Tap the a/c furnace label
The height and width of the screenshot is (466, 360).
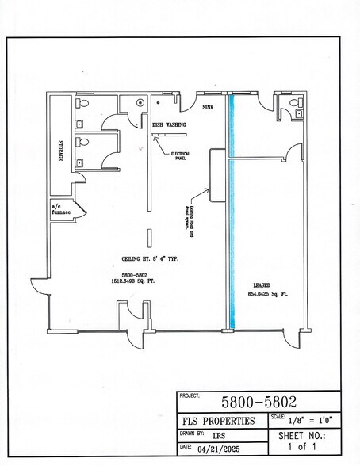[x=61, y=210]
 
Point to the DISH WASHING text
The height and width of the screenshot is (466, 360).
[x=169, y=125]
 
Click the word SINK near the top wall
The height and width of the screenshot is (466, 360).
[x=209, y=105]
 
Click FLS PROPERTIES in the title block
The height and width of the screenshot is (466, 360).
[x=218, y=421]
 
